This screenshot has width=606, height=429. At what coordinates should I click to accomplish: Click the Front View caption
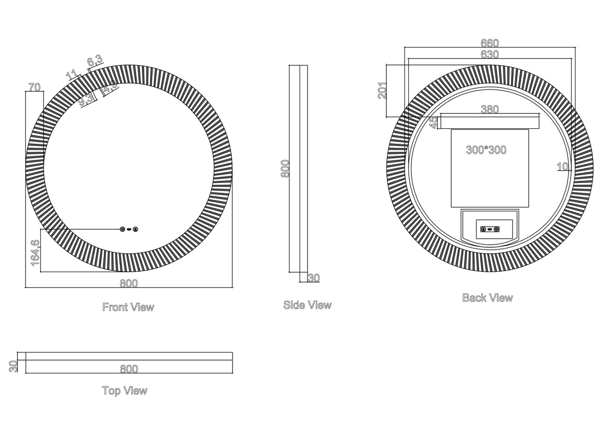[128, 307]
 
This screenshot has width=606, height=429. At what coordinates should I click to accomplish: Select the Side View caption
[307, 305]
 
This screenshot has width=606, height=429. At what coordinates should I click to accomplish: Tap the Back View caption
[487, 298]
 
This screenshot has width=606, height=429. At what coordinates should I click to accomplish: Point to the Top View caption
[124, 391]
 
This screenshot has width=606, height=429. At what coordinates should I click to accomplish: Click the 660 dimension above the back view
[490, 43]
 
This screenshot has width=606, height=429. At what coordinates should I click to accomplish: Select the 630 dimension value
[490, 54]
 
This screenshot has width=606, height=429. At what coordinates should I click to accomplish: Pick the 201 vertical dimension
[382, 90]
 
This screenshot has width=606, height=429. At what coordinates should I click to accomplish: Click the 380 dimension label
[490, 109]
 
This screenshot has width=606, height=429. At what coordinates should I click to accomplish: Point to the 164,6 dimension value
[35, 252]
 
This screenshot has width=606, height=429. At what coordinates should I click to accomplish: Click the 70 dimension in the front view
[34, 87]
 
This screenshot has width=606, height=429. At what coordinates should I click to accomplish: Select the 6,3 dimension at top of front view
[94, 61]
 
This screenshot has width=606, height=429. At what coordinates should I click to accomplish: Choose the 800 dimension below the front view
[128, 283]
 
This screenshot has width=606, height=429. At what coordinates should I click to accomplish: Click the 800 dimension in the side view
[285, 169]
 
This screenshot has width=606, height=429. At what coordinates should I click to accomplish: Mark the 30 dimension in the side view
[313, 278]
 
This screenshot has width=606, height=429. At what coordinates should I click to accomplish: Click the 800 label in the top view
[128, 369]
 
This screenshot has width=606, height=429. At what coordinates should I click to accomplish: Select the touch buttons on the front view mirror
[129, 229]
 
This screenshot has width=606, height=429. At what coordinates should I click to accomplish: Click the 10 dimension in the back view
[563, 166]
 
